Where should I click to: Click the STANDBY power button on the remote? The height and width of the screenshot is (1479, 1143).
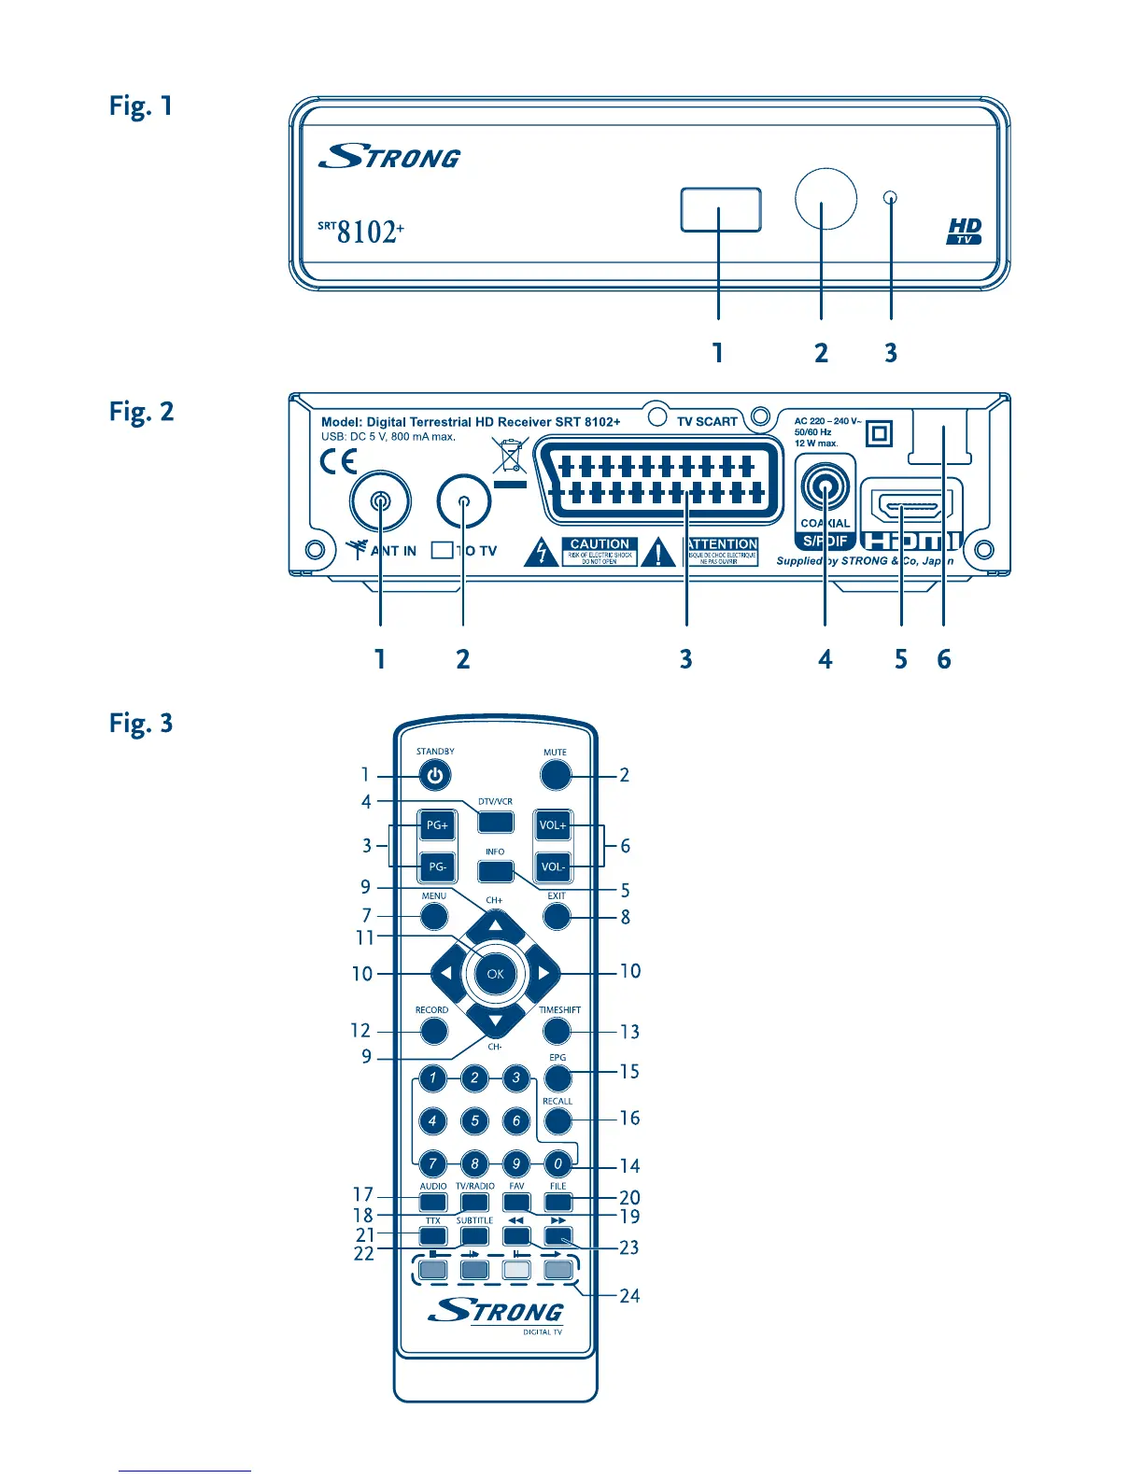(x=434, y=775)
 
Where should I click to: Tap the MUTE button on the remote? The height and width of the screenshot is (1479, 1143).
(x=555, y=775)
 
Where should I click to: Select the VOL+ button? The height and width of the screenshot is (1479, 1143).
(x=552, y=825)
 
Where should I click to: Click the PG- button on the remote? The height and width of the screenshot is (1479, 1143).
(x=436, y=866)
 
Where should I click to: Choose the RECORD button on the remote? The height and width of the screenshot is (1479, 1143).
(x=433, y=1031)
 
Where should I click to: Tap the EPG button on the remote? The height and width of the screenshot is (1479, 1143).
(x=557, y=1078)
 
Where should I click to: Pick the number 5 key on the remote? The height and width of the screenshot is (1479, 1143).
(x=474, y=1120)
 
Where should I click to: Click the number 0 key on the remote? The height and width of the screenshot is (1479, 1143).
(x=557, y=1163)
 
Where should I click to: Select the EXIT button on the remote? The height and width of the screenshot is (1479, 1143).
(x=557, y=916)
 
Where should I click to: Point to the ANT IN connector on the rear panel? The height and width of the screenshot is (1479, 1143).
(x=380, y=501)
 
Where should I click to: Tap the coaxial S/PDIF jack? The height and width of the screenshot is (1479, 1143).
(x=825, y=488)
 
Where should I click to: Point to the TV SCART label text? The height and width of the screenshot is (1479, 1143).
(x=707, y=422)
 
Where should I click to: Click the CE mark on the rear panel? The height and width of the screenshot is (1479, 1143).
(x=338, y=461)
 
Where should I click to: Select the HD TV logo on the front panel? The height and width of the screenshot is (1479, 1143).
(x=965, y=232)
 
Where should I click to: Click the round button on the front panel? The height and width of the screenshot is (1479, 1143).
(x=825, y=198)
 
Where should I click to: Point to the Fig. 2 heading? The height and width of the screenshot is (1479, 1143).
(x=141, y=412)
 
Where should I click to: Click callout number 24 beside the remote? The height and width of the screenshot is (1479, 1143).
(x=630, y=1296)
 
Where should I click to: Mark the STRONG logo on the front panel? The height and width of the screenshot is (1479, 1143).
(x=389, y=157)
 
